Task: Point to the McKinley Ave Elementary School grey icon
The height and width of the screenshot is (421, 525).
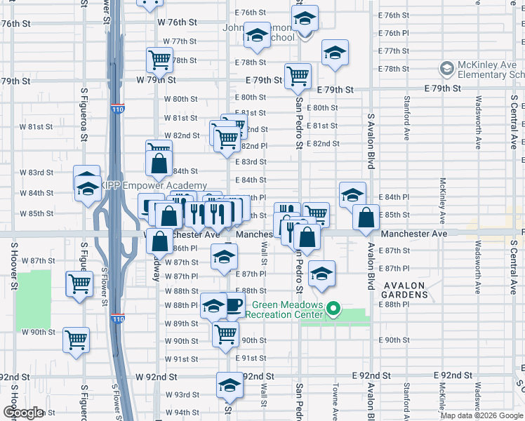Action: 446,69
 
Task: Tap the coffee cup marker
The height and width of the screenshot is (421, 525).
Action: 232,306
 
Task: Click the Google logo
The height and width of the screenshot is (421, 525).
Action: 23,413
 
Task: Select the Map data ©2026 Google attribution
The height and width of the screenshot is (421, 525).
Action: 481,415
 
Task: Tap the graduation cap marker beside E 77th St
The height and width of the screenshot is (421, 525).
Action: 335,53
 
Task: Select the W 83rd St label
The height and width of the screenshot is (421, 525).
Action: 36,173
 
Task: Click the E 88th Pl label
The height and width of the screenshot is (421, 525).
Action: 394,304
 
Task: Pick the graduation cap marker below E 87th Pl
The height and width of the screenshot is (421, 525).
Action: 321,274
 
